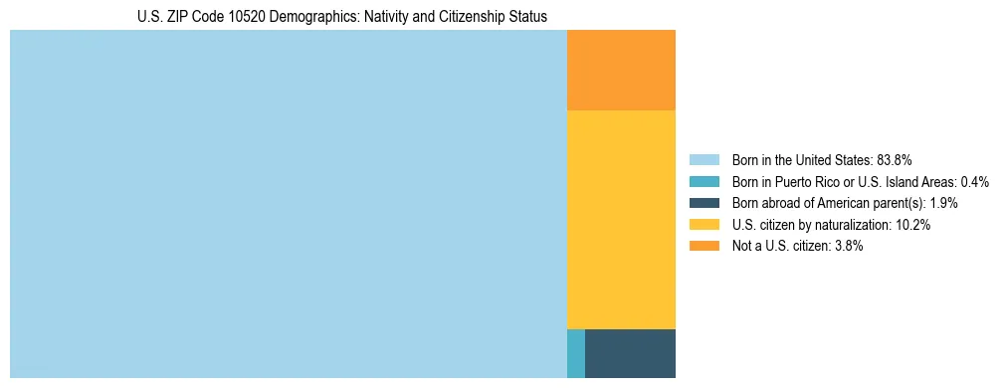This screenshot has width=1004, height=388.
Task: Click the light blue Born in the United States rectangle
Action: (288, 204)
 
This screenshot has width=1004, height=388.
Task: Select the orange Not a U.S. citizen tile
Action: (621, 71)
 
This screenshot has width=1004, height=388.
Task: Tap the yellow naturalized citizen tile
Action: (621, 219)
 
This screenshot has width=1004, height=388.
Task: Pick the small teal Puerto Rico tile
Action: (575, 353)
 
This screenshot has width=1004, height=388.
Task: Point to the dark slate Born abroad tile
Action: (630, 353)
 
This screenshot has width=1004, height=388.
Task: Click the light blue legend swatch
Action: (703, 160)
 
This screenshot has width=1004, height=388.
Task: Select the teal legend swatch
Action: (703, 182)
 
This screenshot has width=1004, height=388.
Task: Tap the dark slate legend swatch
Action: (703, 203)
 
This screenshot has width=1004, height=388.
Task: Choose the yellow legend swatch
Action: (703, 225)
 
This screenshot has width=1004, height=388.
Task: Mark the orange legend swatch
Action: (703, 246)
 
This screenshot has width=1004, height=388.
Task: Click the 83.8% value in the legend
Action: (895, 160)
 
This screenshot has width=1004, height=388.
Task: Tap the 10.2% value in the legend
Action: (912, 225)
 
